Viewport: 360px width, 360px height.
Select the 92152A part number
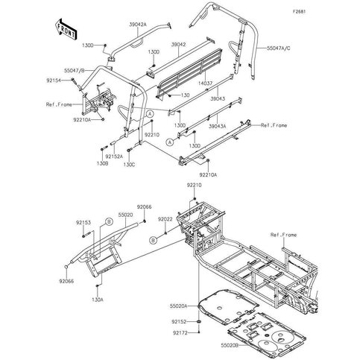pyautogui.click(x=114, y=156)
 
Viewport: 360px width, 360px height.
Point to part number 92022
pyautogui.click(x=165, y=219)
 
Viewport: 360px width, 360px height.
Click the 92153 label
pyautogui.click(x=83, y=221)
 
